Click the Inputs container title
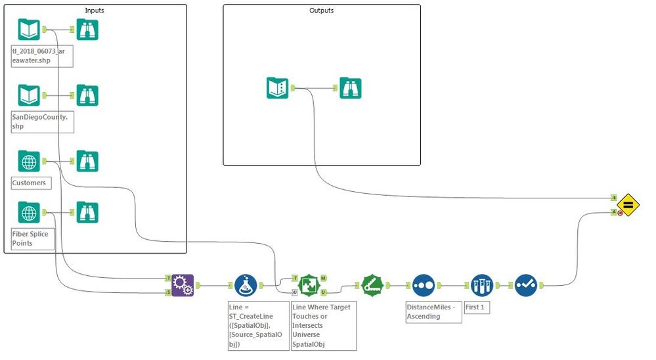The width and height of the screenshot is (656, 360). [x=95, y=11]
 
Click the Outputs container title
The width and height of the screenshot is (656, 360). [x=321, y=11]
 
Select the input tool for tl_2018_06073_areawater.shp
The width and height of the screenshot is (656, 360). [x=29, y=30]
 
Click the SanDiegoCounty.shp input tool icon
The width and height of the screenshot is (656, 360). [x=29, y=95]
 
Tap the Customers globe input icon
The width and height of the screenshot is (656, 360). [x=29, y=161]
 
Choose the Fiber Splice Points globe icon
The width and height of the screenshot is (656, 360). [x=29, y=213]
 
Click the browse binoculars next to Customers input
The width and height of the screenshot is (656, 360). [x=87, y=161]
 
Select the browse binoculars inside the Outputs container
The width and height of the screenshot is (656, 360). [x=350, y=88]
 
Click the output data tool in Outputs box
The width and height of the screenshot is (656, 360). [x=278, y=88]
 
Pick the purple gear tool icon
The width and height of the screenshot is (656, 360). [x=183, y=286]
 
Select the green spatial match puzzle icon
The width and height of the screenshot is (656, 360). [x=309, y=286]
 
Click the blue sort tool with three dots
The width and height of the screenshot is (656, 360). [x=424, y=286]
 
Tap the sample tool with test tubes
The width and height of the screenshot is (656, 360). [x=481, y=286]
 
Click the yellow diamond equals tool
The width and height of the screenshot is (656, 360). [x=628, y=205]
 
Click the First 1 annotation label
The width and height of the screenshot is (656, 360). [x=477, y=307]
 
